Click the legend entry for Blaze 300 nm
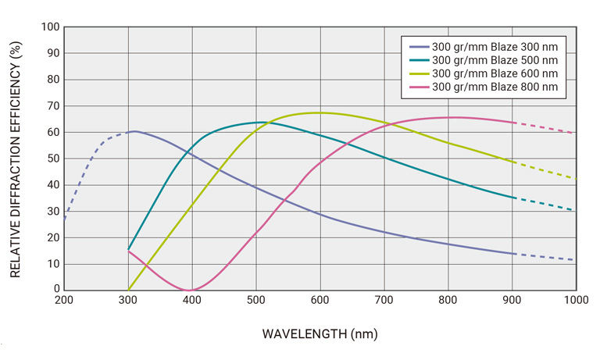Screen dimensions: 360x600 (495, 46)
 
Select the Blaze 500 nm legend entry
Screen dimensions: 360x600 (495, 59)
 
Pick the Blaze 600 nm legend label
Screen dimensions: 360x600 (495, 73)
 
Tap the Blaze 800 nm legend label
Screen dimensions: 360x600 (495, 87)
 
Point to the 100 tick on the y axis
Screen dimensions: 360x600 (50, 27)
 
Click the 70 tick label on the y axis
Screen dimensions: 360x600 (52, 105)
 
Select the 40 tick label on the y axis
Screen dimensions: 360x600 (52, 184)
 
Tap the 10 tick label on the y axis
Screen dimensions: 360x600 (52, 263)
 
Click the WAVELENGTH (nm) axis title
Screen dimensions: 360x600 (320, 334)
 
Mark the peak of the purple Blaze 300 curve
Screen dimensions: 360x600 (134, 131)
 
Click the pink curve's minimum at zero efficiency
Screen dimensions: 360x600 (189, 290)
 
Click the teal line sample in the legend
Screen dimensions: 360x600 (417, 59)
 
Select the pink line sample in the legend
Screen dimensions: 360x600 (417, 87)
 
